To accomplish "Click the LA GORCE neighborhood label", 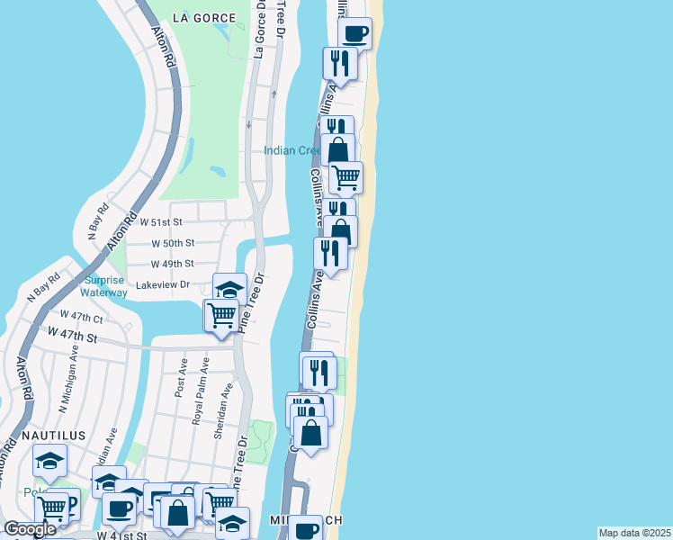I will click(207, 18).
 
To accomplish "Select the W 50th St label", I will click(173, 243).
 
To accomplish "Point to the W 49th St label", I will click(172, 264).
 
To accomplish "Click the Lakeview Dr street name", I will click(162, 284).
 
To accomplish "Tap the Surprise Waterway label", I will click(104, 286).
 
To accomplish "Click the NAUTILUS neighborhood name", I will click(54, 436).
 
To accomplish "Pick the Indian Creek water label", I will click(292, 150).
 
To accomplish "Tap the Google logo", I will click(30, 529).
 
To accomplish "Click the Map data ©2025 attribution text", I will click(635, 533).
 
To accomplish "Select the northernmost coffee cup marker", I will click(354, 34).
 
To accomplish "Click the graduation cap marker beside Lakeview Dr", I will click(230, 289).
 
